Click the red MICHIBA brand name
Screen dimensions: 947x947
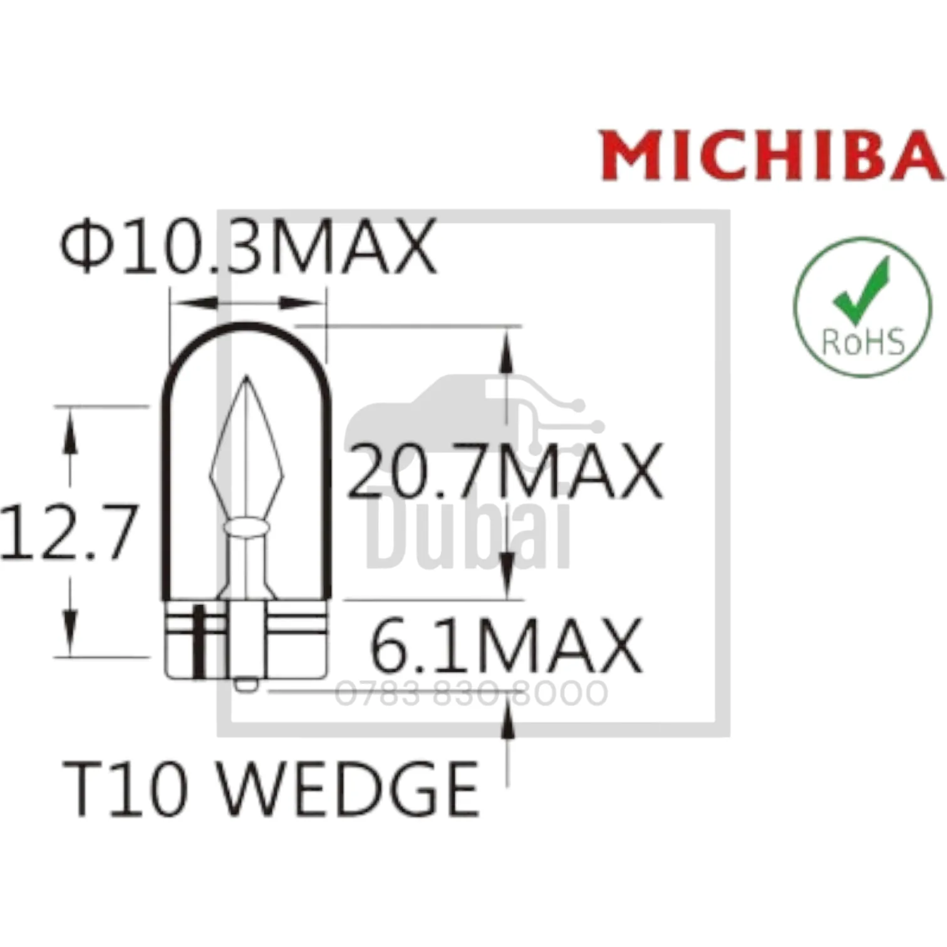pyautogui.click(x=772, y=155)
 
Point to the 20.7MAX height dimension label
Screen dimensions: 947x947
pyautogui.click(x=505, y=470)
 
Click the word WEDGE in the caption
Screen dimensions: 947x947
pyautogui.click(x=348, y=788)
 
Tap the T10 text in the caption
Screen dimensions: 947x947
pyautogui.click(x=125, y=788)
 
